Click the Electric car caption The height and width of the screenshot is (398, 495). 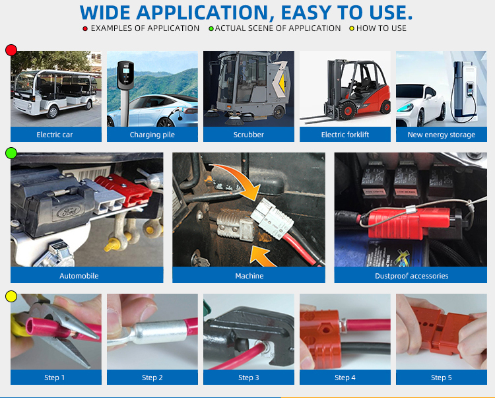[55, 135]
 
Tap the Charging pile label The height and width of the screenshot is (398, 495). [152, 135]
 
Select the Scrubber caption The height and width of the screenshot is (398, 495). [248, 135]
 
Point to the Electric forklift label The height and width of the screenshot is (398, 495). [345, 135]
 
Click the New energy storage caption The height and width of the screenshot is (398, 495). [442, 135]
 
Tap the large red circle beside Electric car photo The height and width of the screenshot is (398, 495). [11, 50]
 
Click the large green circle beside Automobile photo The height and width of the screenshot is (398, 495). [11, 153]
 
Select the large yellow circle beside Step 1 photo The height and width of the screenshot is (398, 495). [11, 296]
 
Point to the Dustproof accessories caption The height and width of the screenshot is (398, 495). [412, 276]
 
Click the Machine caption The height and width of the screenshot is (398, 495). [249, 276]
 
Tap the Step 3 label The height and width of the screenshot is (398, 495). [248, 378]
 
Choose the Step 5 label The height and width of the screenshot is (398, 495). [442, 378]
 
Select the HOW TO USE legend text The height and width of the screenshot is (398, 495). [381, 28]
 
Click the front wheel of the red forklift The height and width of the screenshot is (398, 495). [348, 111]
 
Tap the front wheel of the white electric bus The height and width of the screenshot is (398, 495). [53, 112]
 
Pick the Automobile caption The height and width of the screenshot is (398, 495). [79, 276]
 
